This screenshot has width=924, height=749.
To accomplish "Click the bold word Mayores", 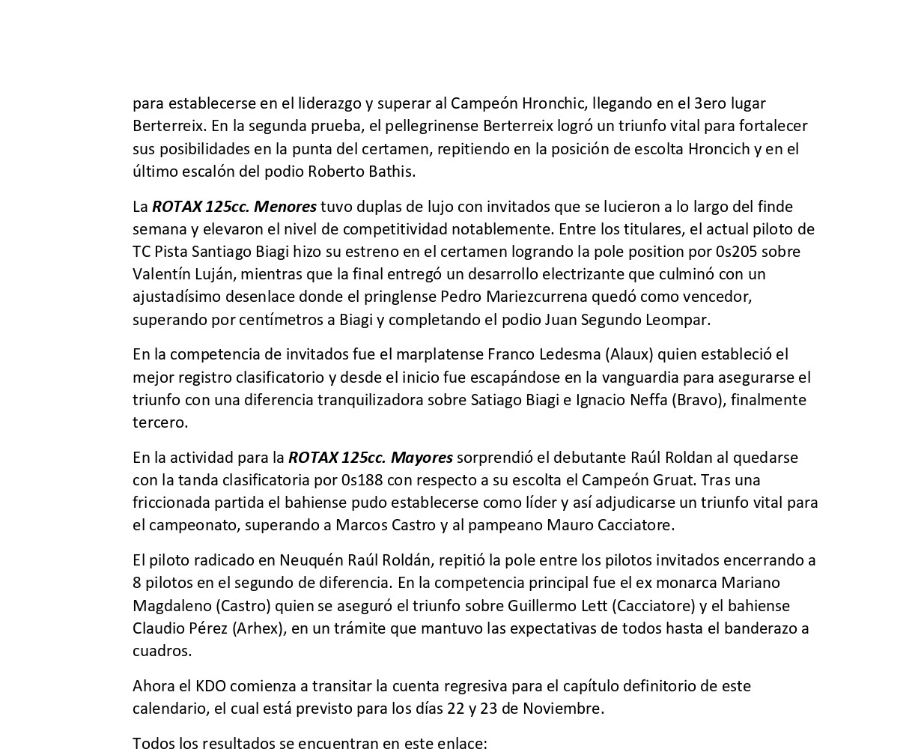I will [x=422, y=458].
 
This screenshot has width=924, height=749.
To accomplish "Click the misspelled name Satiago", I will [x=496, y=400].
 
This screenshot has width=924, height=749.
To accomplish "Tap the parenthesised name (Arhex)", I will [x=260, y=628].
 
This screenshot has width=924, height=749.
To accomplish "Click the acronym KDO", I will [x=210, y=686].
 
